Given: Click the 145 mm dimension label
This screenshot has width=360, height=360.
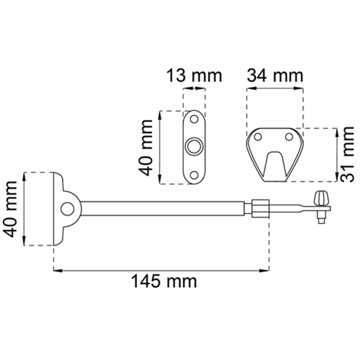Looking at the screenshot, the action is tap(164, 282).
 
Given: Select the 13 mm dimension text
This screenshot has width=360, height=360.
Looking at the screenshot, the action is tap(194, 76).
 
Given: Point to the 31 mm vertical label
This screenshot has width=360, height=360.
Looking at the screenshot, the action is tap(346, 154).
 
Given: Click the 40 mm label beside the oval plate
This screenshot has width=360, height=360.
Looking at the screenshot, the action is tap(145, 148).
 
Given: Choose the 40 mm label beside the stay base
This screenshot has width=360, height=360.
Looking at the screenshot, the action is tap(10, 209).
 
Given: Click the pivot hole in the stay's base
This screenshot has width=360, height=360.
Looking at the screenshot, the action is tap(67, 209).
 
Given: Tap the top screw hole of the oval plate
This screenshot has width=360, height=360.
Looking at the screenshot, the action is tap(194, 119).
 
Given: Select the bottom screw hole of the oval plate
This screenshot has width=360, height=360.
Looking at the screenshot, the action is tap(194, 175).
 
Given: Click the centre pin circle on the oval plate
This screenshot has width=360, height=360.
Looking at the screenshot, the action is tap(194, 147).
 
